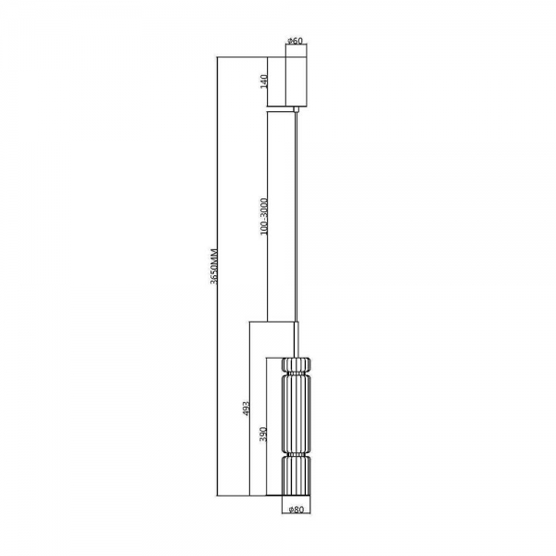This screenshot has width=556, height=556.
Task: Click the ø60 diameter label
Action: pyautogui.click(x=296, y=41)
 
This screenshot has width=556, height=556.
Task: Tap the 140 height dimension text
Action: pyautogui.click(x=264, y=82)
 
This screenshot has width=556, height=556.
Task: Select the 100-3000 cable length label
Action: pyautogui.click(x=264, y=216)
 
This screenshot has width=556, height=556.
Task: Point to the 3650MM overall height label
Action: pyautogui.click(x=213, y=266)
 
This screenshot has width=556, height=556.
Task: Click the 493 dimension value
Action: pyautogui.click(x=246, y=409)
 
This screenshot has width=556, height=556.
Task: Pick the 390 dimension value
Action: pyautogui.click(x=263, y=434)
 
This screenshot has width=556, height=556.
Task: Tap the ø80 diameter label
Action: pyautogui.click(x=297, y=510)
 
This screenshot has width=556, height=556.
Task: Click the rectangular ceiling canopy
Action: pyautogui.click(x=297, y=82)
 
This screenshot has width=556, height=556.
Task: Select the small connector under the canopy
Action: pyautogui.click(x=297, y=108)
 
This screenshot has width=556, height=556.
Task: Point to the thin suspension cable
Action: pyautogui.click(x=297, y=217)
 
